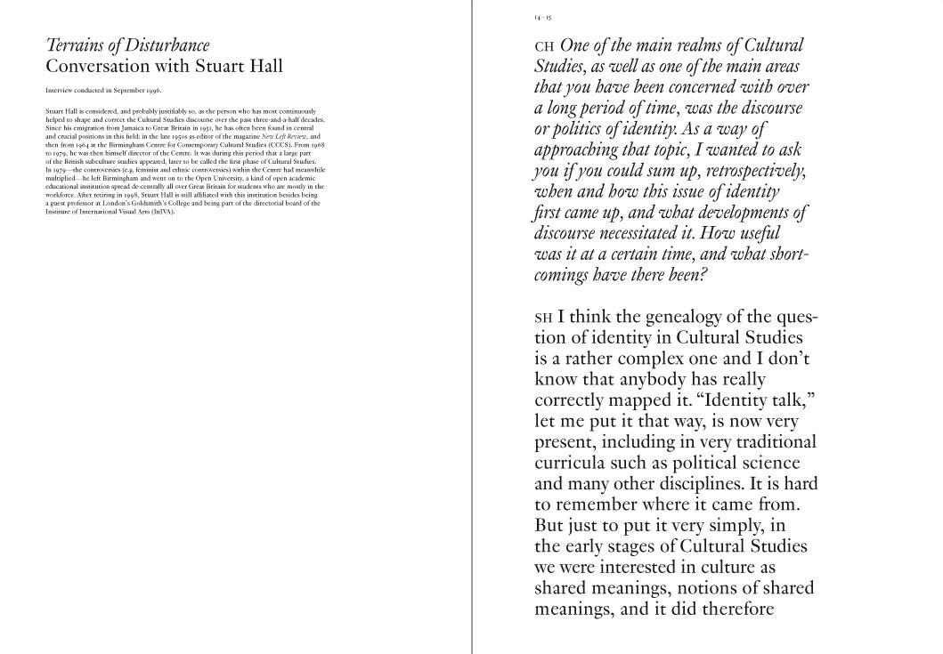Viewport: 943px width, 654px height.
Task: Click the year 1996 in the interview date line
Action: pos(152,91)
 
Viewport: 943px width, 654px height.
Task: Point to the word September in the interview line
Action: pos(123,91)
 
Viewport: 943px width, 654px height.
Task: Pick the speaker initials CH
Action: pos(543,46)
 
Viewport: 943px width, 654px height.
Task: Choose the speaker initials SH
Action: pos(543,318)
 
